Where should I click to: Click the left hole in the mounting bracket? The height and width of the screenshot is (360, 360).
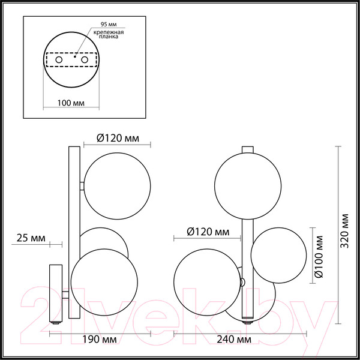tap(58, 61)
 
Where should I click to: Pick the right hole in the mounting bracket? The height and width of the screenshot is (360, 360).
tap(84, 61)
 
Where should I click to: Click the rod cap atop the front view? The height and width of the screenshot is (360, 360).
tap(248, 150)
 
